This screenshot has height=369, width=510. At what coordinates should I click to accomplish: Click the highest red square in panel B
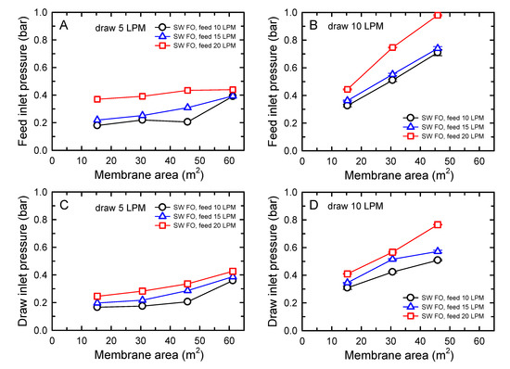438,15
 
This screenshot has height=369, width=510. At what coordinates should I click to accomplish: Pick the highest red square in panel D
438,224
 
